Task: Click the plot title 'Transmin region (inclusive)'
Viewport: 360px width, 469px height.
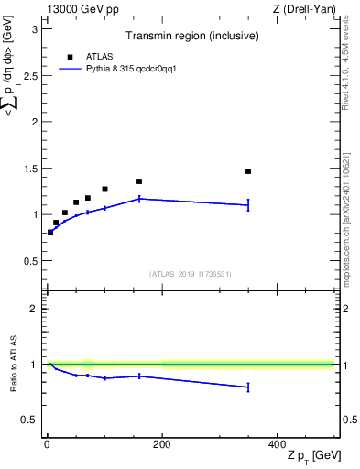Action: click(x=190, y=38)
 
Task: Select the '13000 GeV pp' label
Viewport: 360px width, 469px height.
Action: click(x=80, y=9)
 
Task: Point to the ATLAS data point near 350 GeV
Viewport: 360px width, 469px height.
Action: click(x=248, y=171)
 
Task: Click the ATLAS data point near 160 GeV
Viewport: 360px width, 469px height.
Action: click(x=139, y=181)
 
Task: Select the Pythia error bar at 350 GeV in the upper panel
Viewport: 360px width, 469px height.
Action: click(x=248, y=205)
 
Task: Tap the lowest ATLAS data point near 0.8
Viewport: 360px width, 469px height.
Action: click(x=50, y=232)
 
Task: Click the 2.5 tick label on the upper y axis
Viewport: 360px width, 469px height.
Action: click(x=31, y=74)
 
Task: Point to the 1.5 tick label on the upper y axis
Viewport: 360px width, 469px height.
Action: click(x=31, y=168)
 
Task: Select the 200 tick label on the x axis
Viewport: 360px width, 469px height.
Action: click(x=162, y=444)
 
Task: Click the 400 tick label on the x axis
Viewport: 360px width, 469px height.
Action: click(x=277, y=444)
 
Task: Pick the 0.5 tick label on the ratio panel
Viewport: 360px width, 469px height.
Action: click(x=31, y=420)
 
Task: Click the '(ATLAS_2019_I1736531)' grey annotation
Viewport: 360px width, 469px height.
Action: click(x=190, y=274)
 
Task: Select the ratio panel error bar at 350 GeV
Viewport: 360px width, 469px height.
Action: click(x=248, y=387)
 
